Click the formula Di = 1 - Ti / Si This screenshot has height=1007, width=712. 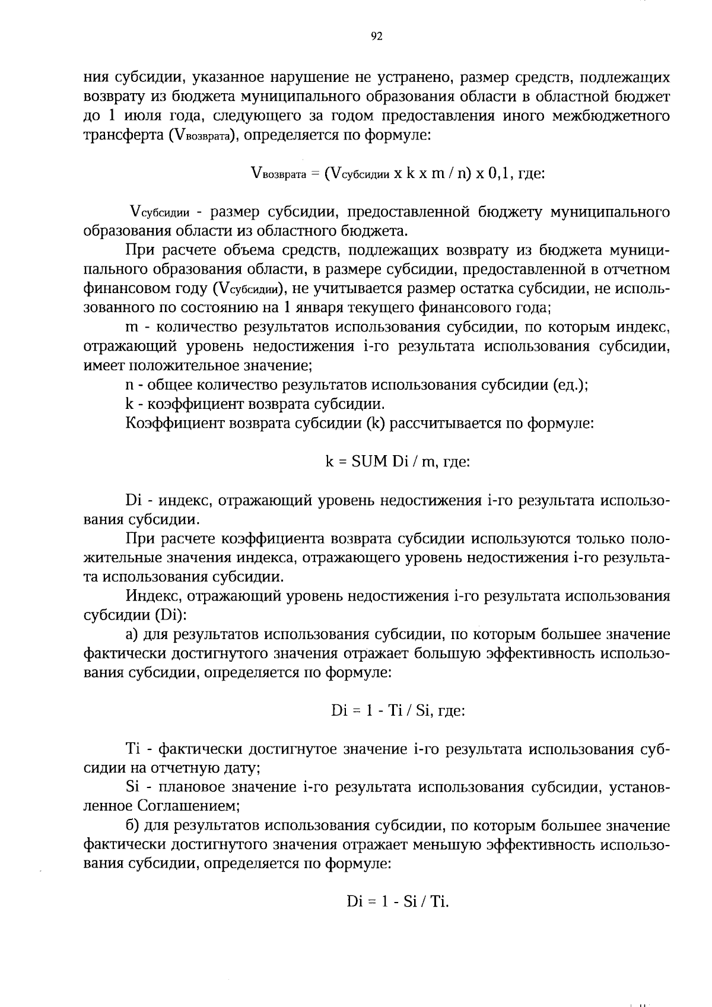pyautogui.click(x=398, y=711)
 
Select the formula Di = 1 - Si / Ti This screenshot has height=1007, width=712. pyautogui.click(x=398, y=902)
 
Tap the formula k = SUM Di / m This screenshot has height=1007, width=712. pyautogui.click(x=398, y=461)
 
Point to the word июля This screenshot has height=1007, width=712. pyautogui.click(x=133, y=116)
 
